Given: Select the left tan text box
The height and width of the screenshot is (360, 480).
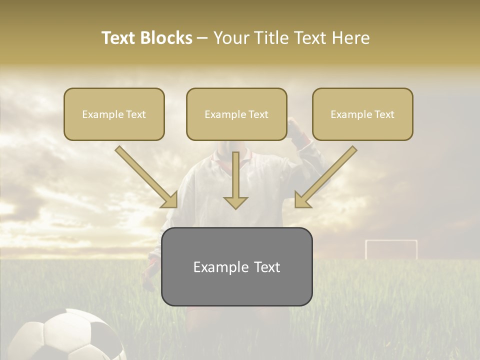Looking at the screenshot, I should click(114, 114).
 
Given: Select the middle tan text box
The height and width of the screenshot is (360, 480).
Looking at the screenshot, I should click(236, 114).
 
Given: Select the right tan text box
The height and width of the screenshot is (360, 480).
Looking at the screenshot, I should click(362, 114).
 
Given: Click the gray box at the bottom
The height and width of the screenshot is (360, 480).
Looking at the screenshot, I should click(236, 266).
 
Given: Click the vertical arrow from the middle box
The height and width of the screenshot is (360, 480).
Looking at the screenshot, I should click(235, 180).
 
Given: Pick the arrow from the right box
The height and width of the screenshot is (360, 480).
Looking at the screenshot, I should click(325, 177).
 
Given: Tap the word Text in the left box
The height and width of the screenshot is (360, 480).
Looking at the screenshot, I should click(136, 114).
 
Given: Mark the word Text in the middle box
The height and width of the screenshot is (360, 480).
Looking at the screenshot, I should click(258, 114).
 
